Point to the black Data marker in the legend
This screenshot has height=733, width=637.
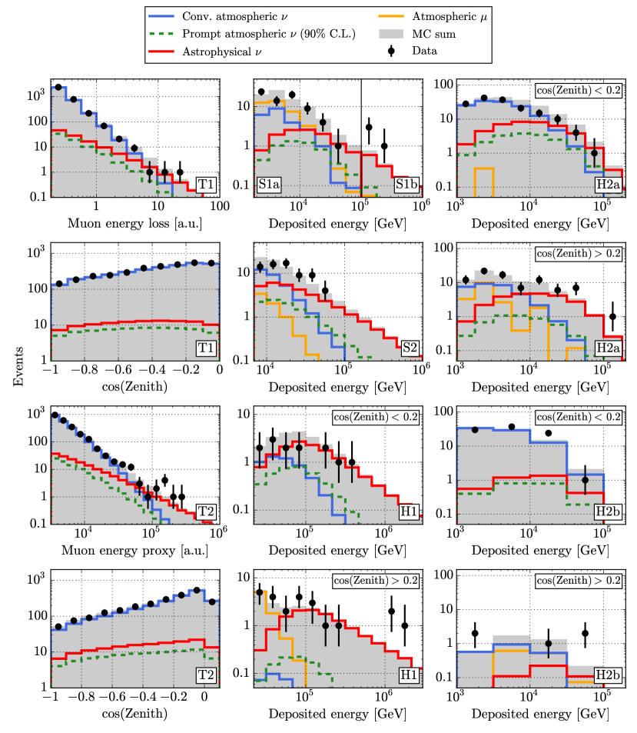pyautogui.click(x=392, y=52)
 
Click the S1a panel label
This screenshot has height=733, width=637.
pyautogui.click(x=270, y=185)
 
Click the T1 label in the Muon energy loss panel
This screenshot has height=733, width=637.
pyautogui.click(x=205, y=185)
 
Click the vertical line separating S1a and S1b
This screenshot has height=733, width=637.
pyautogui.click(x=361, y=138)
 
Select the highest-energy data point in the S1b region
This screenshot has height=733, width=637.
pyautogui.click(x=384, y=145)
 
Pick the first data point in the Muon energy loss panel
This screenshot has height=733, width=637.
pyautogui.click(x=58, y=88)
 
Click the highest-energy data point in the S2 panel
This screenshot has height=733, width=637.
pyautogui.click(x=326, y=291)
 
